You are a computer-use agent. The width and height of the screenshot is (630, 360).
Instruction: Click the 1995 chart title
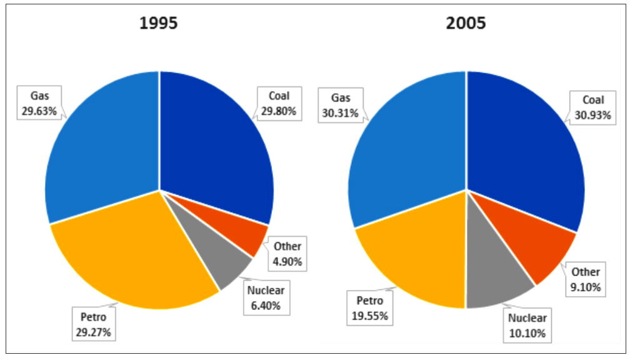pyautogui.click(x=159, y=24)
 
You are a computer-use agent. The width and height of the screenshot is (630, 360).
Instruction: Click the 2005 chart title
pyautogui.click(x=466, y=24)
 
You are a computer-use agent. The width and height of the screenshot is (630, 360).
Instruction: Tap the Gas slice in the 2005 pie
pyautogui.click(x=406, y=144)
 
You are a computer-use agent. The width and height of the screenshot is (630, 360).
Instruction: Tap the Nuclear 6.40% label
pyautogui.click(x=266, y=297)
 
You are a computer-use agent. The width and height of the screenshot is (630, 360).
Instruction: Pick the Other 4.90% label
pyautogui.click(x=287, y=254)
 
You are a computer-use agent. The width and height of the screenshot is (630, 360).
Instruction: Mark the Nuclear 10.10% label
pyautogui.click(x=526, y=326)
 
